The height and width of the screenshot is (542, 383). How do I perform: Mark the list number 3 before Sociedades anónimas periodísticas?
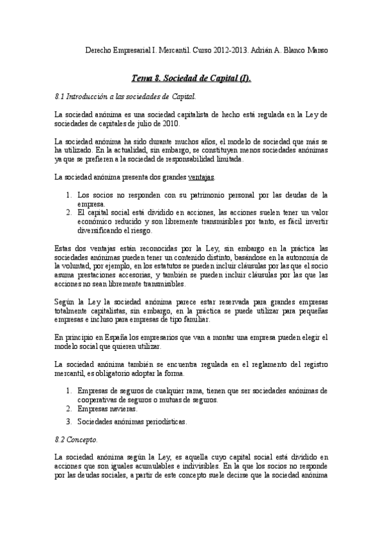tap(69, 422)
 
